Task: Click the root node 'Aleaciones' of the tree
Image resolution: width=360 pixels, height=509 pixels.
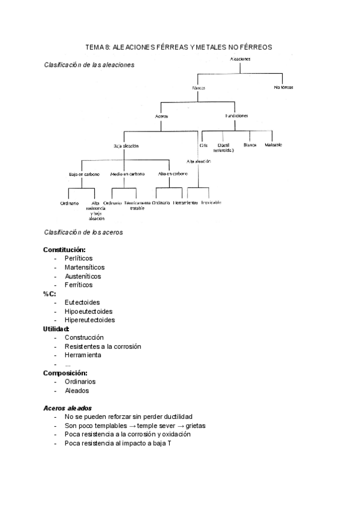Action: click(x=239, y=59)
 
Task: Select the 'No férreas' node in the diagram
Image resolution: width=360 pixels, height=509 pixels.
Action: click(x=283, y=88)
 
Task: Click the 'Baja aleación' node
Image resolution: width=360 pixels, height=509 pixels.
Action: click(x=125, y=146)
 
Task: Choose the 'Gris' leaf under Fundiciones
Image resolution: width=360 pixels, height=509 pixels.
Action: click(x=203, y=145)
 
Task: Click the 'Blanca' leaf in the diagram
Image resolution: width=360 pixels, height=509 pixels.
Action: click(x=250, y=145)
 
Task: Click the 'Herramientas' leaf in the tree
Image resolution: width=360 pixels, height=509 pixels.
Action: click(x=185, y=203)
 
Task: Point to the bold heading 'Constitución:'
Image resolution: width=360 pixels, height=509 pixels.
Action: click(x=64, y=250)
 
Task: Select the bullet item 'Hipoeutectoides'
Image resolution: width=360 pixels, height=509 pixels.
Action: click(x=89, y=312)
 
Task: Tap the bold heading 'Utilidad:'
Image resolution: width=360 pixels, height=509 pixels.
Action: click(x=56, y=329)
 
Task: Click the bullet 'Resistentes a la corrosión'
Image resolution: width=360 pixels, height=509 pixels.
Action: click(x=103, y=346)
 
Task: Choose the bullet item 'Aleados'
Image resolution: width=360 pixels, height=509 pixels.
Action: click(x=77, y=390)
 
